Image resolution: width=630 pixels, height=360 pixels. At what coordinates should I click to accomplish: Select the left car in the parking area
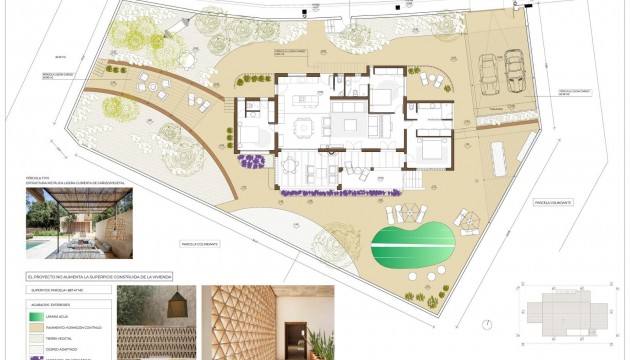[x=488, y=72]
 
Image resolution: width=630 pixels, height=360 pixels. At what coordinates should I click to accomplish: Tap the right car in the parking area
[x=514, y=70]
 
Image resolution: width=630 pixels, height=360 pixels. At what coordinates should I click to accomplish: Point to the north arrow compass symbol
[x=488, y=324]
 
